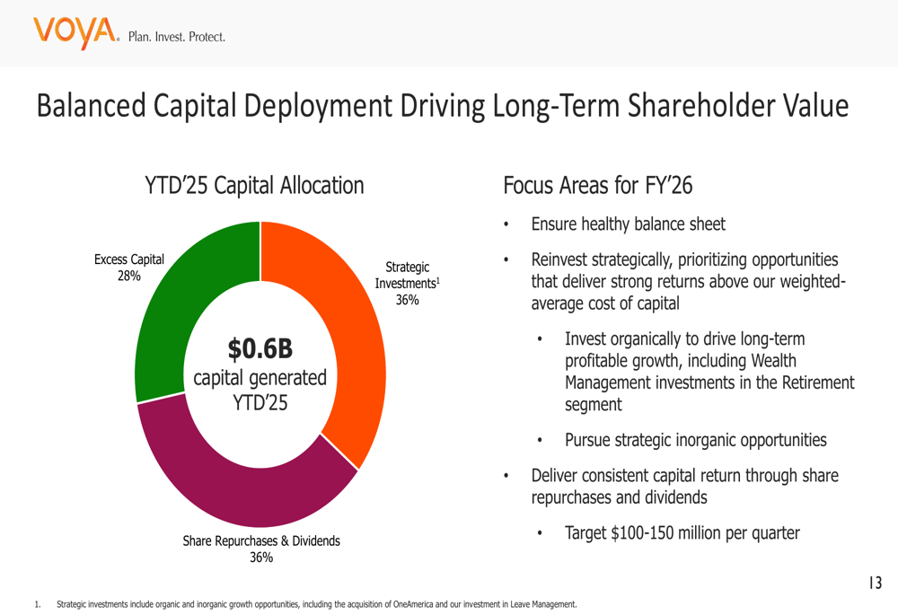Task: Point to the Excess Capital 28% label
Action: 129,268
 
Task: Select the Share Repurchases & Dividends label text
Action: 261,541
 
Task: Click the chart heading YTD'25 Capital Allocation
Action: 254,186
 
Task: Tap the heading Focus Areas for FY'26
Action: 598,186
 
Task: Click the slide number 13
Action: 875,584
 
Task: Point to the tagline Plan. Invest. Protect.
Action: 177,38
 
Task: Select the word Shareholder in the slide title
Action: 692,106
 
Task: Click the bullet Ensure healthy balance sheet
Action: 628,224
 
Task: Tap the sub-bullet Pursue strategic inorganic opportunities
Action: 695,440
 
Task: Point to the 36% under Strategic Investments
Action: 408,301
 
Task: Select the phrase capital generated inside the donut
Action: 260,378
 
